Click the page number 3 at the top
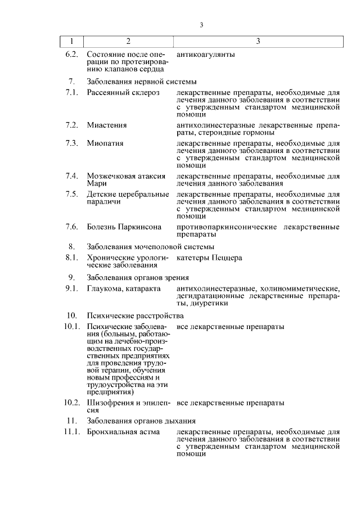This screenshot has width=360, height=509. (201, 24)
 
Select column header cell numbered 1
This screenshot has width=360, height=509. (71, 42)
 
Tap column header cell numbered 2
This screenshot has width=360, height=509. (128, 42)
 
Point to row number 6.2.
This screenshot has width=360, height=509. (71, 55)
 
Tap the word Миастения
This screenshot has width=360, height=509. (107, 125)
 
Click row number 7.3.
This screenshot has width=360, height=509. (71, 143)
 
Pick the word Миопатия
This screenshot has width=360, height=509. (105, 143)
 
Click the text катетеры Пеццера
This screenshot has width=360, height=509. (209, 258)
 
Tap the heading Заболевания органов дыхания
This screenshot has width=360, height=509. (141, 420)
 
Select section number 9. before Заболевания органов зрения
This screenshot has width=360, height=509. (71, 277)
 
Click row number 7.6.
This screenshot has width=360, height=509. (71, 227)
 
